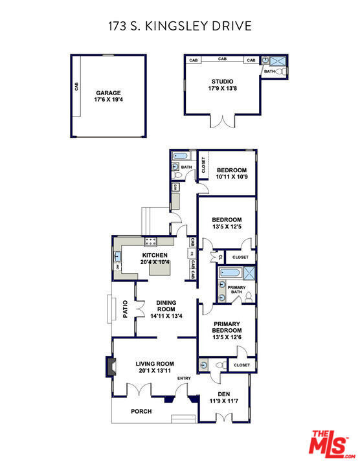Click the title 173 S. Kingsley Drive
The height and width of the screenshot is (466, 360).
(179, 26)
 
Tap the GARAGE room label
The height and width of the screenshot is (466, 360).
(109, 93)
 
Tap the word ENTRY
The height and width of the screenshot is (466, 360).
(184, 379)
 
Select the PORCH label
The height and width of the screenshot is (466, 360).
(141, 411)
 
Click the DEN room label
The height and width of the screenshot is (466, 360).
(224, 394)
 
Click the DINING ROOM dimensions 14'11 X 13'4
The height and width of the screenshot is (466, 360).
(166, 316)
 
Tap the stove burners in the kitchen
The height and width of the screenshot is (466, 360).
(151, 242)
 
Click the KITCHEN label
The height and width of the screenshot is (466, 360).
(155, 255)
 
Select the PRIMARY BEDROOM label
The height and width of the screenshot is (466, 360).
(227, 327)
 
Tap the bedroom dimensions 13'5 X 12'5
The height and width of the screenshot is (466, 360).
(227, 227)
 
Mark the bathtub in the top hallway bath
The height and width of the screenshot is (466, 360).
(180, 156)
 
